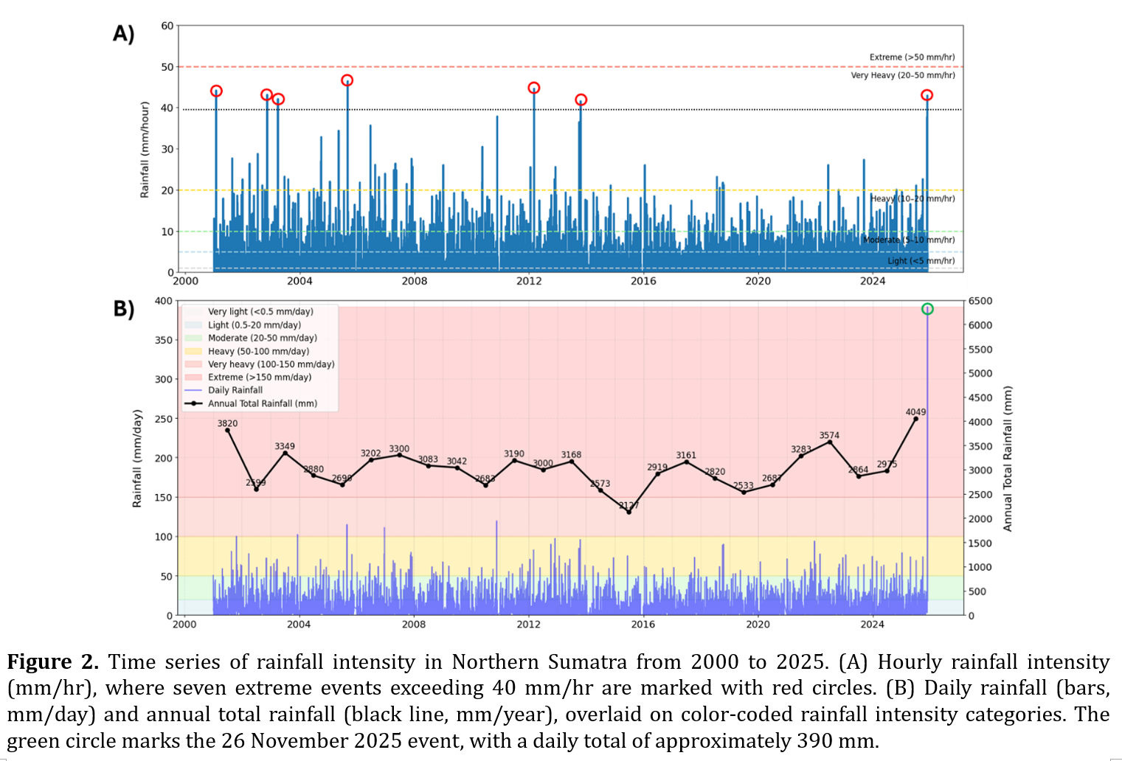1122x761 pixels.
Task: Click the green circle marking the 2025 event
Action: tap(927, 309)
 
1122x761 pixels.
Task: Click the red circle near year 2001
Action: tap(216, 91)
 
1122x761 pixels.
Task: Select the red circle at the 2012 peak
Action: tap(534, 88)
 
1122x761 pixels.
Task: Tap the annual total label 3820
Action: tap(227, 423)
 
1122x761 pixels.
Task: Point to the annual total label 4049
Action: tap(915, 412)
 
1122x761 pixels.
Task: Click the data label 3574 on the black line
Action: tap(829, 435)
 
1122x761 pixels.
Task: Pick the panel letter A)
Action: tap(123, 34)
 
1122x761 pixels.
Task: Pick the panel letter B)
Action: tap(123, 308)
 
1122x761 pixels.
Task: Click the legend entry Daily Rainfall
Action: tap(235, 390)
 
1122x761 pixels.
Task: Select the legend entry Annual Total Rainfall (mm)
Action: tap(262, 403)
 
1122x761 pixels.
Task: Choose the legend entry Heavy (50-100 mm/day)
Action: tap(258, 351)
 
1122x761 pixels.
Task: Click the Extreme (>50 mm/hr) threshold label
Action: tap(912, 57)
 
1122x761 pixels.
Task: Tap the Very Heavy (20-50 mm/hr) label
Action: tap(902, 75)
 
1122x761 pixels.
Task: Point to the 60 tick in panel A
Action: tap(167, 26)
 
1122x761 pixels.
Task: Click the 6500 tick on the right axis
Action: tap(980, 301)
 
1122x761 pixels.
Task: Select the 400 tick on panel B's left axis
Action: tap(163, 301)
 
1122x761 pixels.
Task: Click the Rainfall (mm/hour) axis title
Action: tap(145, 149)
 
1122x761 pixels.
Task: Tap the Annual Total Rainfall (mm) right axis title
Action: tap(1008, 458)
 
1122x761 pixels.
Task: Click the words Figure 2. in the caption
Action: tap(52, 661)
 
